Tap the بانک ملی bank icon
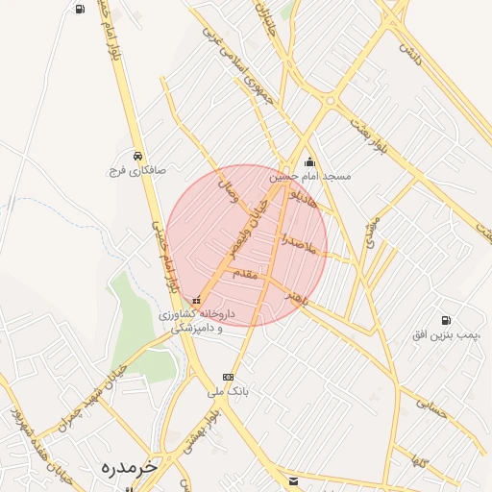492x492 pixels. click(228, 377)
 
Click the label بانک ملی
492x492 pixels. click(229, 392)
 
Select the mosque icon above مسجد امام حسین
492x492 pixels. click(309, 161)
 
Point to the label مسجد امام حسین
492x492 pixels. click(310, 177)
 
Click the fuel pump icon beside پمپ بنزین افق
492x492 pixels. click(444, 320)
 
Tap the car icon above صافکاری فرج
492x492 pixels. click(138, 155)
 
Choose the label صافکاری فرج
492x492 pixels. click(136, 170)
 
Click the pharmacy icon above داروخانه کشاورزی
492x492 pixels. click(197, 299)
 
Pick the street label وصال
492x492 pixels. click(229, 186)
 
